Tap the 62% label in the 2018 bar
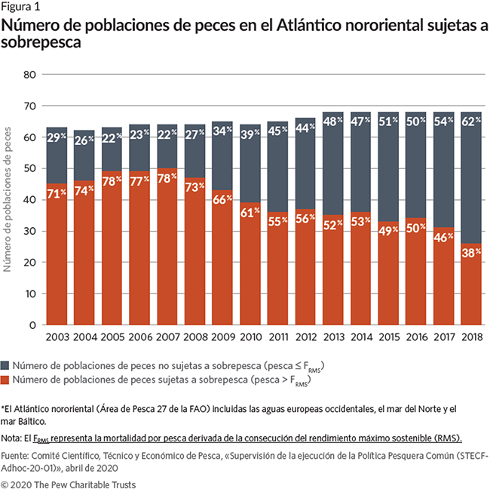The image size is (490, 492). point(471,121)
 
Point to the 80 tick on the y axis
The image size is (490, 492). point(30,75)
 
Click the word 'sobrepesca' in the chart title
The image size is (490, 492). point(41,43)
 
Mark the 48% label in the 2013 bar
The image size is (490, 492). point(333,121)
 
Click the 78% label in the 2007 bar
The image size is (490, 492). point(167,180)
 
